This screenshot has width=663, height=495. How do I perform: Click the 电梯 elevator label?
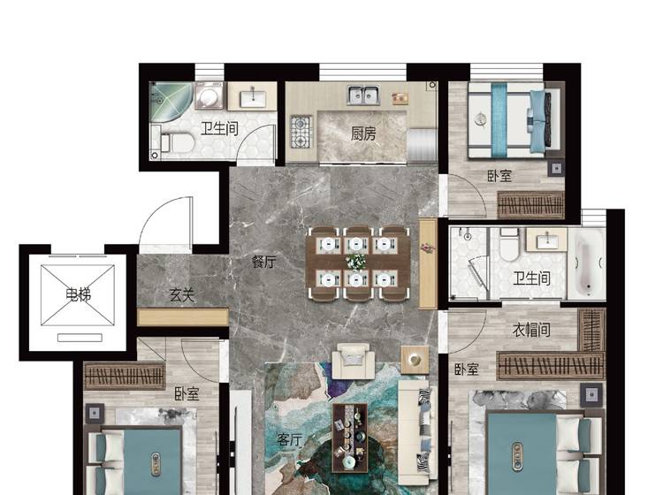click(78, 294)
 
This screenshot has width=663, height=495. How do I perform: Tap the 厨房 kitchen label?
click(363, 134)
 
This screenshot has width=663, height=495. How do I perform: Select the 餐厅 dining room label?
click(263, 262)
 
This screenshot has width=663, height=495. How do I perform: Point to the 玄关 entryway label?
click(182, 295)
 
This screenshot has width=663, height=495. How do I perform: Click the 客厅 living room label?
click(290, 440)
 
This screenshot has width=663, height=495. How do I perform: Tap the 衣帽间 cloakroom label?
click(531, 330)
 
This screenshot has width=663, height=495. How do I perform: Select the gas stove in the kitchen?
click(301, 132)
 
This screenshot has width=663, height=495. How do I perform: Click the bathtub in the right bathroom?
click(587, 263)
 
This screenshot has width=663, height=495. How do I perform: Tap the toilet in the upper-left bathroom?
click(177, 143)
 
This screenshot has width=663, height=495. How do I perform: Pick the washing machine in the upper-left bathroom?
click(209, 95)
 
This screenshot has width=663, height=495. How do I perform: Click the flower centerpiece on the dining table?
click(356, 262)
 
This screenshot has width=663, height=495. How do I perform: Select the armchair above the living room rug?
click(354, 361)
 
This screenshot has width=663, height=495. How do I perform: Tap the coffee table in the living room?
click(350, 438)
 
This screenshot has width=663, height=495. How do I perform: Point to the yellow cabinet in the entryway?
click(183, 317)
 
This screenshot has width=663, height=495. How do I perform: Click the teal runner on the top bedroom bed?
click(499, 119)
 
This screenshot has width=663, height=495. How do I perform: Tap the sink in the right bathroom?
click(546, 240)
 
